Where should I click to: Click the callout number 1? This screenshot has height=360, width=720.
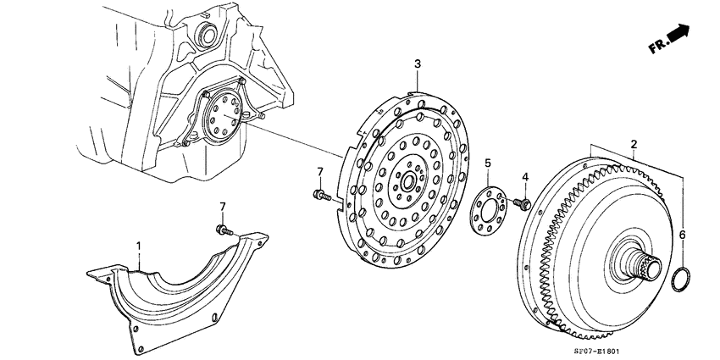pos(141,246)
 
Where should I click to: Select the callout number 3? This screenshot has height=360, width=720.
pos(417,64)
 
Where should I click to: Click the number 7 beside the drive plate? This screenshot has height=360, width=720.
pos(320,173)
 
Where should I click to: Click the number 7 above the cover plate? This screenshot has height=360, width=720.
pos(223,208)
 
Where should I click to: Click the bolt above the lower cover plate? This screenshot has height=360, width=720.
pos(223,230)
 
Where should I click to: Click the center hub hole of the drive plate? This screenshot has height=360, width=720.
pos(408,181)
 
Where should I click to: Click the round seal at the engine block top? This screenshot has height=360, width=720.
pos(203,35)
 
